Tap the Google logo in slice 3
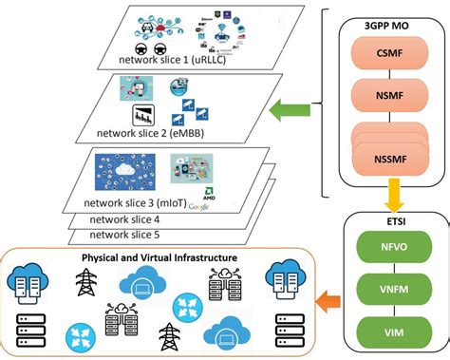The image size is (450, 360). tap(199, 205)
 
